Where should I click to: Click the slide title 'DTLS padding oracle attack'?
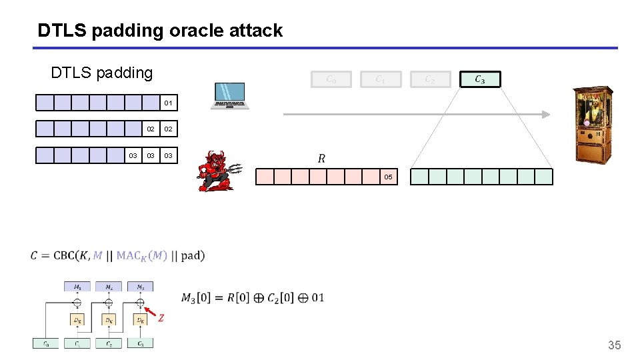pos(160,30)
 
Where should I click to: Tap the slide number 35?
pos(614,345)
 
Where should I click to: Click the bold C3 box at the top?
pos(479,79)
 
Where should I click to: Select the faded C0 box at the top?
pos(331,79)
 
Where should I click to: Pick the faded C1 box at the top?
pos(380,79)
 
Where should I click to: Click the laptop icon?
pos(229,96)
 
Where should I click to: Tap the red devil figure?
pos(217,171)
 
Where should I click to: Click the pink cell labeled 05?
pos(389,177)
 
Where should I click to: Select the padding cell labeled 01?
pos(169,103)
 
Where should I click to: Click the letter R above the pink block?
pos(321,159)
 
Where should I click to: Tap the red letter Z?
pos(161,318)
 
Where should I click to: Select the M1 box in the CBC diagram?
pos(77,287)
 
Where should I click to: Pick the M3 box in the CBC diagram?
pos(140,287)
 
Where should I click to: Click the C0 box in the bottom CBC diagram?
pos(45,343)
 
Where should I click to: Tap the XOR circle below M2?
pos(109,302)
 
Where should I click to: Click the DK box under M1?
pos(77,319)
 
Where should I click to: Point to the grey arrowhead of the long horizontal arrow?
pos(545,114)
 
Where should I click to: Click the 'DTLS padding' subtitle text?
pos(101,72)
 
